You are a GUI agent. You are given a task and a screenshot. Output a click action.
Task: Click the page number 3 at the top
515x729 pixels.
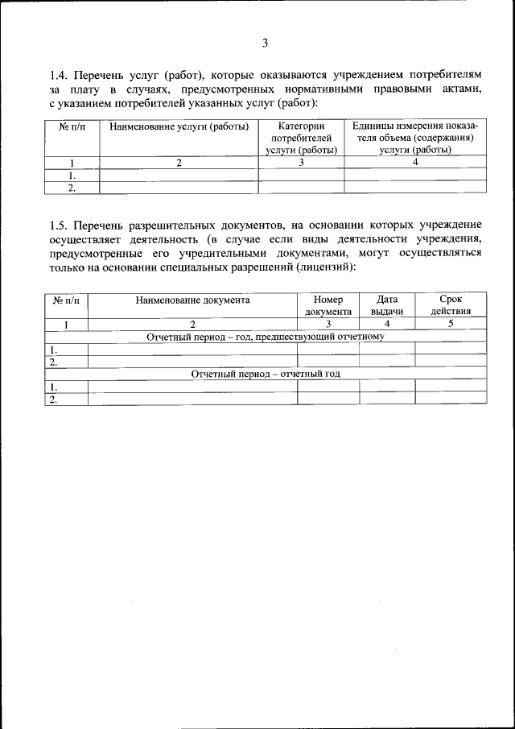point(265,43)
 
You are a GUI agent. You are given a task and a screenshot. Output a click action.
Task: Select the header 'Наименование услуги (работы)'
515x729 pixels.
point(179,127)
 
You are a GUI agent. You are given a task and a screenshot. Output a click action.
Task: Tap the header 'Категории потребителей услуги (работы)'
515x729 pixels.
point(301,138)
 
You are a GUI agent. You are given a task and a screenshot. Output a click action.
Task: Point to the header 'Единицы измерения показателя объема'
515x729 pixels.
point(415,138)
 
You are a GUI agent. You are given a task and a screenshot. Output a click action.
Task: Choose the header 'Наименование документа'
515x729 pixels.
point(193,300)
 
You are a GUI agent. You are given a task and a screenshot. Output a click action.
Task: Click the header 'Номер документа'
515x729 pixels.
point(328,305)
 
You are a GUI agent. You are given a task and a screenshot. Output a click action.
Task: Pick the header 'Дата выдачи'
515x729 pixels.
point(387,305)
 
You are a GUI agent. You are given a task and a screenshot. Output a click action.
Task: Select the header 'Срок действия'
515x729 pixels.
point(451,305)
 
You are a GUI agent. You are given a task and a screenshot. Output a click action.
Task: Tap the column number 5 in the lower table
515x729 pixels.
point(451,324)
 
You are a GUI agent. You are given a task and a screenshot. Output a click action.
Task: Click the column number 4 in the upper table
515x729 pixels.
point(415,162)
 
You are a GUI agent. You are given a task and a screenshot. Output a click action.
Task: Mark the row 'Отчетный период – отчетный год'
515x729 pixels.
point(266,374)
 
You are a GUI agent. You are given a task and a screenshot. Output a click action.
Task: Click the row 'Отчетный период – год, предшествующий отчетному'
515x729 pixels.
point(266,337)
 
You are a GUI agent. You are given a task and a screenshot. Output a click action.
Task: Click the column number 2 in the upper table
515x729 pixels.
point(179,162)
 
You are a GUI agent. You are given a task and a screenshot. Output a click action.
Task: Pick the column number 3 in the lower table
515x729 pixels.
point(328,324)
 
